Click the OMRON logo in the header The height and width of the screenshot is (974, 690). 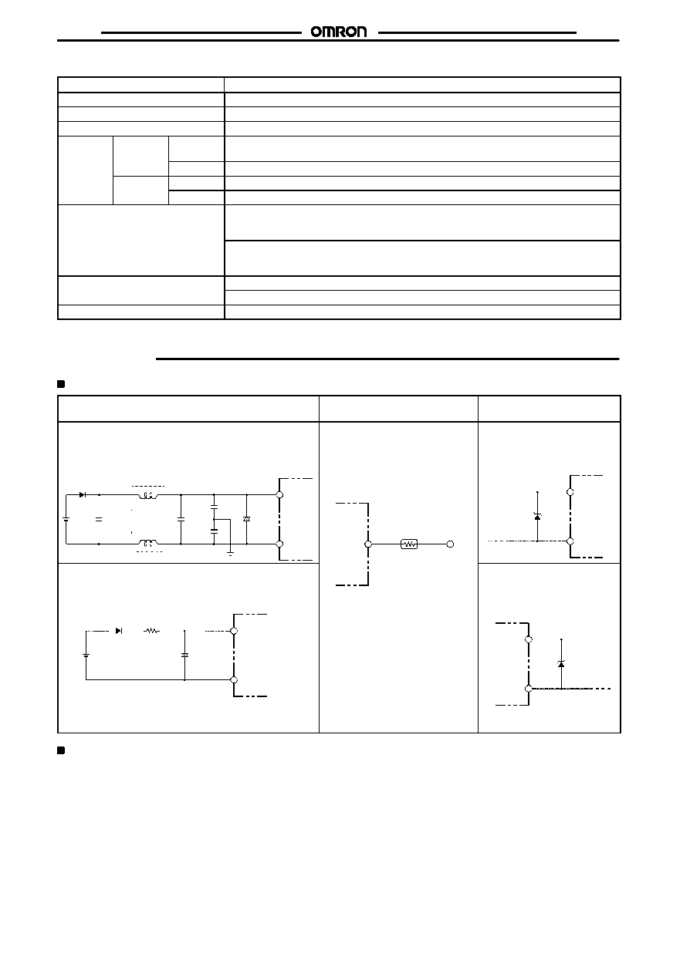click(339, 32)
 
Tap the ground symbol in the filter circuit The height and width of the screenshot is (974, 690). click(231, 553)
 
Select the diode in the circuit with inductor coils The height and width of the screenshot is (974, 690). click(83, 494)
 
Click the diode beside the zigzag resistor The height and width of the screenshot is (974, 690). click(119, 631)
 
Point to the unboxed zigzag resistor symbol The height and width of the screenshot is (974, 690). click(151, 631)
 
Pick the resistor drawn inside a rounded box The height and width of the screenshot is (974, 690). click(409, 544)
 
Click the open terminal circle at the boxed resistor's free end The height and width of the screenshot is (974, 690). click(450, 544)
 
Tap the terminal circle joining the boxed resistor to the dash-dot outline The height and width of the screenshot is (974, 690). click(368, 544)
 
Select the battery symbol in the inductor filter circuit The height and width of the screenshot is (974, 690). click(66, 519)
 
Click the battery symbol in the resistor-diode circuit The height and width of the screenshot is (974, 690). click(86, 655)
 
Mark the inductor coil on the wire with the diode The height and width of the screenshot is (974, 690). click(148, 495)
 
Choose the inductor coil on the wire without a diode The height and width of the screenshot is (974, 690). click(148, 543)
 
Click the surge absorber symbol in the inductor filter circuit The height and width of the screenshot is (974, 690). click(247, 519)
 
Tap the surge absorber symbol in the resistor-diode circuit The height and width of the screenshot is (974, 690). click(184, 655)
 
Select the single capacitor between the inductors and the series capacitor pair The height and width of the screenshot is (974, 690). click(181, 519)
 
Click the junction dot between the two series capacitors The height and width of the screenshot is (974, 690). click(214, 519)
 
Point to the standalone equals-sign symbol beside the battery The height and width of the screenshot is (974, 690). click(99, 519)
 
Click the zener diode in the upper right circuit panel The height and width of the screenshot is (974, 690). click(537, 516)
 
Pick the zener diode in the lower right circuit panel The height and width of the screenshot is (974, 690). click(561, 663)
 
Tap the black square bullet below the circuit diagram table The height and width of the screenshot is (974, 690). click(61, 750)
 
